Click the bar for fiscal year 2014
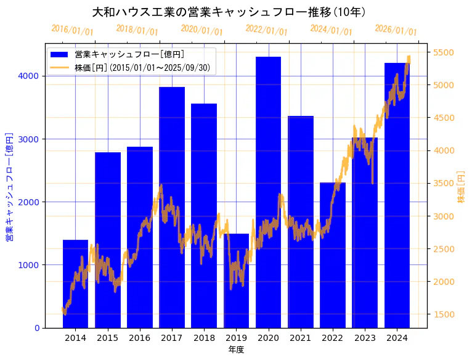coord(75,284)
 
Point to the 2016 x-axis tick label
coord(140,337)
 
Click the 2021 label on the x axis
coord(301,337)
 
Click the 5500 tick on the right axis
coord(445,52)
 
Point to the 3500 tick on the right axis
coord(445,183)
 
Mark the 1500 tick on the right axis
coord(445,314)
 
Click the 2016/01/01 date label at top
coord(72,30)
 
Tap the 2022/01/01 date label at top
coord(266,30)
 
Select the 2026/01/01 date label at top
coord(396,30)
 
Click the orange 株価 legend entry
coord(145,67)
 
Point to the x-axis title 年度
coord(236,350)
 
